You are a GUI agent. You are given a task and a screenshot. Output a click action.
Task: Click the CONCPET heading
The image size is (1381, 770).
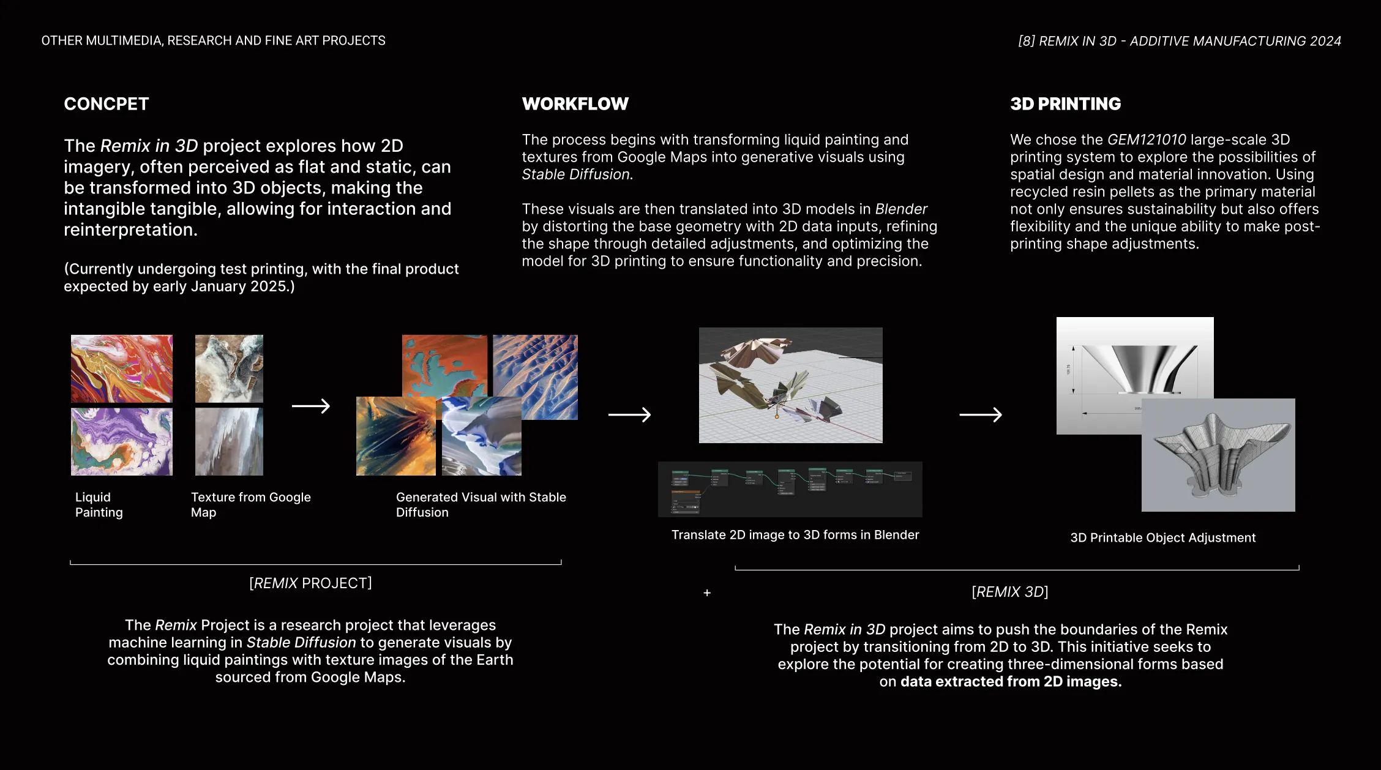point(106,104)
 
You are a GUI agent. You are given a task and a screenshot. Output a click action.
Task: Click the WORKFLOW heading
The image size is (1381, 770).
point(575,104)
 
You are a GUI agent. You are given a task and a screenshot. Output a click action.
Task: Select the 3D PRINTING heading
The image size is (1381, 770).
point(1065,104)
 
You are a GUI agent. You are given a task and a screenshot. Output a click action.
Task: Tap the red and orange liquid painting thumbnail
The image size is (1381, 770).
point(121,368)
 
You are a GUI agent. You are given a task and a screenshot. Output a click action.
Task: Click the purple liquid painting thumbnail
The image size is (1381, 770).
point(121,442)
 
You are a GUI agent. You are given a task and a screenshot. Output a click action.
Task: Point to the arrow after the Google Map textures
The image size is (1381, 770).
point(311,406)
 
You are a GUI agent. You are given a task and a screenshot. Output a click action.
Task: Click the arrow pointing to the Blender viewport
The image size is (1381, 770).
point(629,414)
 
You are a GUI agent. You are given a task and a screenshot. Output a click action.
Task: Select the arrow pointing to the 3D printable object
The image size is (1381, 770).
point(980,414)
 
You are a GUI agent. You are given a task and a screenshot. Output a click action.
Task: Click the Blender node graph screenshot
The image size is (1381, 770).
point(790,489)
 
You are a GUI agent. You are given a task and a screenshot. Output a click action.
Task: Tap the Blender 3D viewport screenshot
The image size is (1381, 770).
point(790,385)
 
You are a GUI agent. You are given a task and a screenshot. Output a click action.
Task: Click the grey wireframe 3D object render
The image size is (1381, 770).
point(1218,455)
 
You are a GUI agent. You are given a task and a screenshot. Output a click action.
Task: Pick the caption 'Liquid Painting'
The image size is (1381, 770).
point(99,505)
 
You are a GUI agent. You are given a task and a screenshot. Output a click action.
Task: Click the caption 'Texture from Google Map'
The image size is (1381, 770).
point(250,505)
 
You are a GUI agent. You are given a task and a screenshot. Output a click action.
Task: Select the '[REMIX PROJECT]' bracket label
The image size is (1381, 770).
point(310,583)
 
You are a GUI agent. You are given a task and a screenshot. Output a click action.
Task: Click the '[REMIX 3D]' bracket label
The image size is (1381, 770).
point(1010,592)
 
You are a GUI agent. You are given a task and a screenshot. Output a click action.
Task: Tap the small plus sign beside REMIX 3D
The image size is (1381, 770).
point(707,592)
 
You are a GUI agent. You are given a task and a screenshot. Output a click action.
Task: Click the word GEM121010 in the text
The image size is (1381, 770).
point(1147,140)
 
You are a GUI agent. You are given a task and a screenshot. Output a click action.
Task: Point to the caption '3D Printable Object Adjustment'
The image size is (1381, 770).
point(1162,537)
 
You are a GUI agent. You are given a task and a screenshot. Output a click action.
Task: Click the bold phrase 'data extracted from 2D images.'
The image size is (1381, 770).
point(1011,681)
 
